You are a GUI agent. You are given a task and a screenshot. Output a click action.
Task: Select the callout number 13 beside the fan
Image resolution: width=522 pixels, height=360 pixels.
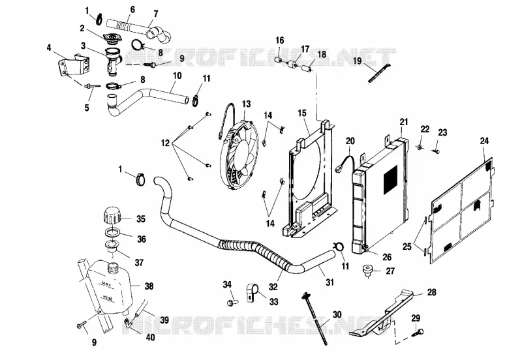[246, 104]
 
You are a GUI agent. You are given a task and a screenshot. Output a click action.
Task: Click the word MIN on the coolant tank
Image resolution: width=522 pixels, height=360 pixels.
[107, 297]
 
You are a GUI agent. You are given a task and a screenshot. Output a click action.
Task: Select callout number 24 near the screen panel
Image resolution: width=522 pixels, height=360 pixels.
[484, 141]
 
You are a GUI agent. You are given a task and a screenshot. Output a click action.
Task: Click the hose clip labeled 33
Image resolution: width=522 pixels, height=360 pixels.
[251, 293]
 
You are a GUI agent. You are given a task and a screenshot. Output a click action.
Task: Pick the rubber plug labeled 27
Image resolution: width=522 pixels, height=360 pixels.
[368, 271]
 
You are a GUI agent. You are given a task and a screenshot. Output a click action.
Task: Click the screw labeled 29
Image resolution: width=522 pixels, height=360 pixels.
[418, 332]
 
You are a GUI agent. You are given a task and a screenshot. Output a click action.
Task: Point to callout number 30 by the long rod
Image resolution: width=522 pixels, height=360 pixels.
[337, 314]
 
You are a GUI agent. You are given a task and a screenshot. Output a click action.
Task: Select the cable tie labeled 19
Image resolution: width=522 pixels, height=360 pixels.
[379, 73]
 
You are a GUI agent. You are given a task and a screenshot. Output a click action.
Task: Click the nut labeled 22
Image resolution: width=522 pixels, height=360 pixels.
[420, 147]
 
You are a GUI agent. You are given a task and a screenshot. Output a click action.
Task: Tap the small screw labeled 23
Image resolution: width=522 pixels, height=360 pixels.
[436, 151]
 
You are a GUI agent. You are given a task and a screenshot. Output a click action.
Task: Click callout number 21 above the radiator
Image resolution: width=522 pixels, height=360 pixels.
[404, 122]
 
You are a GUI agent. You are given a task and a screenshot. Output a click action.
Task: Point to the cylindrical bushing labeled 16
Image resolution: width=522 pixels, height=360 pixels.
[279, 60]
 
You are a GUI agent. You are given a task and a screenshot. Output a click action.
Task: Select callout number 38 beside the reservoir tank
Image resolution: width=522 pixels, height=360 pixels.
[149, 286]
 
